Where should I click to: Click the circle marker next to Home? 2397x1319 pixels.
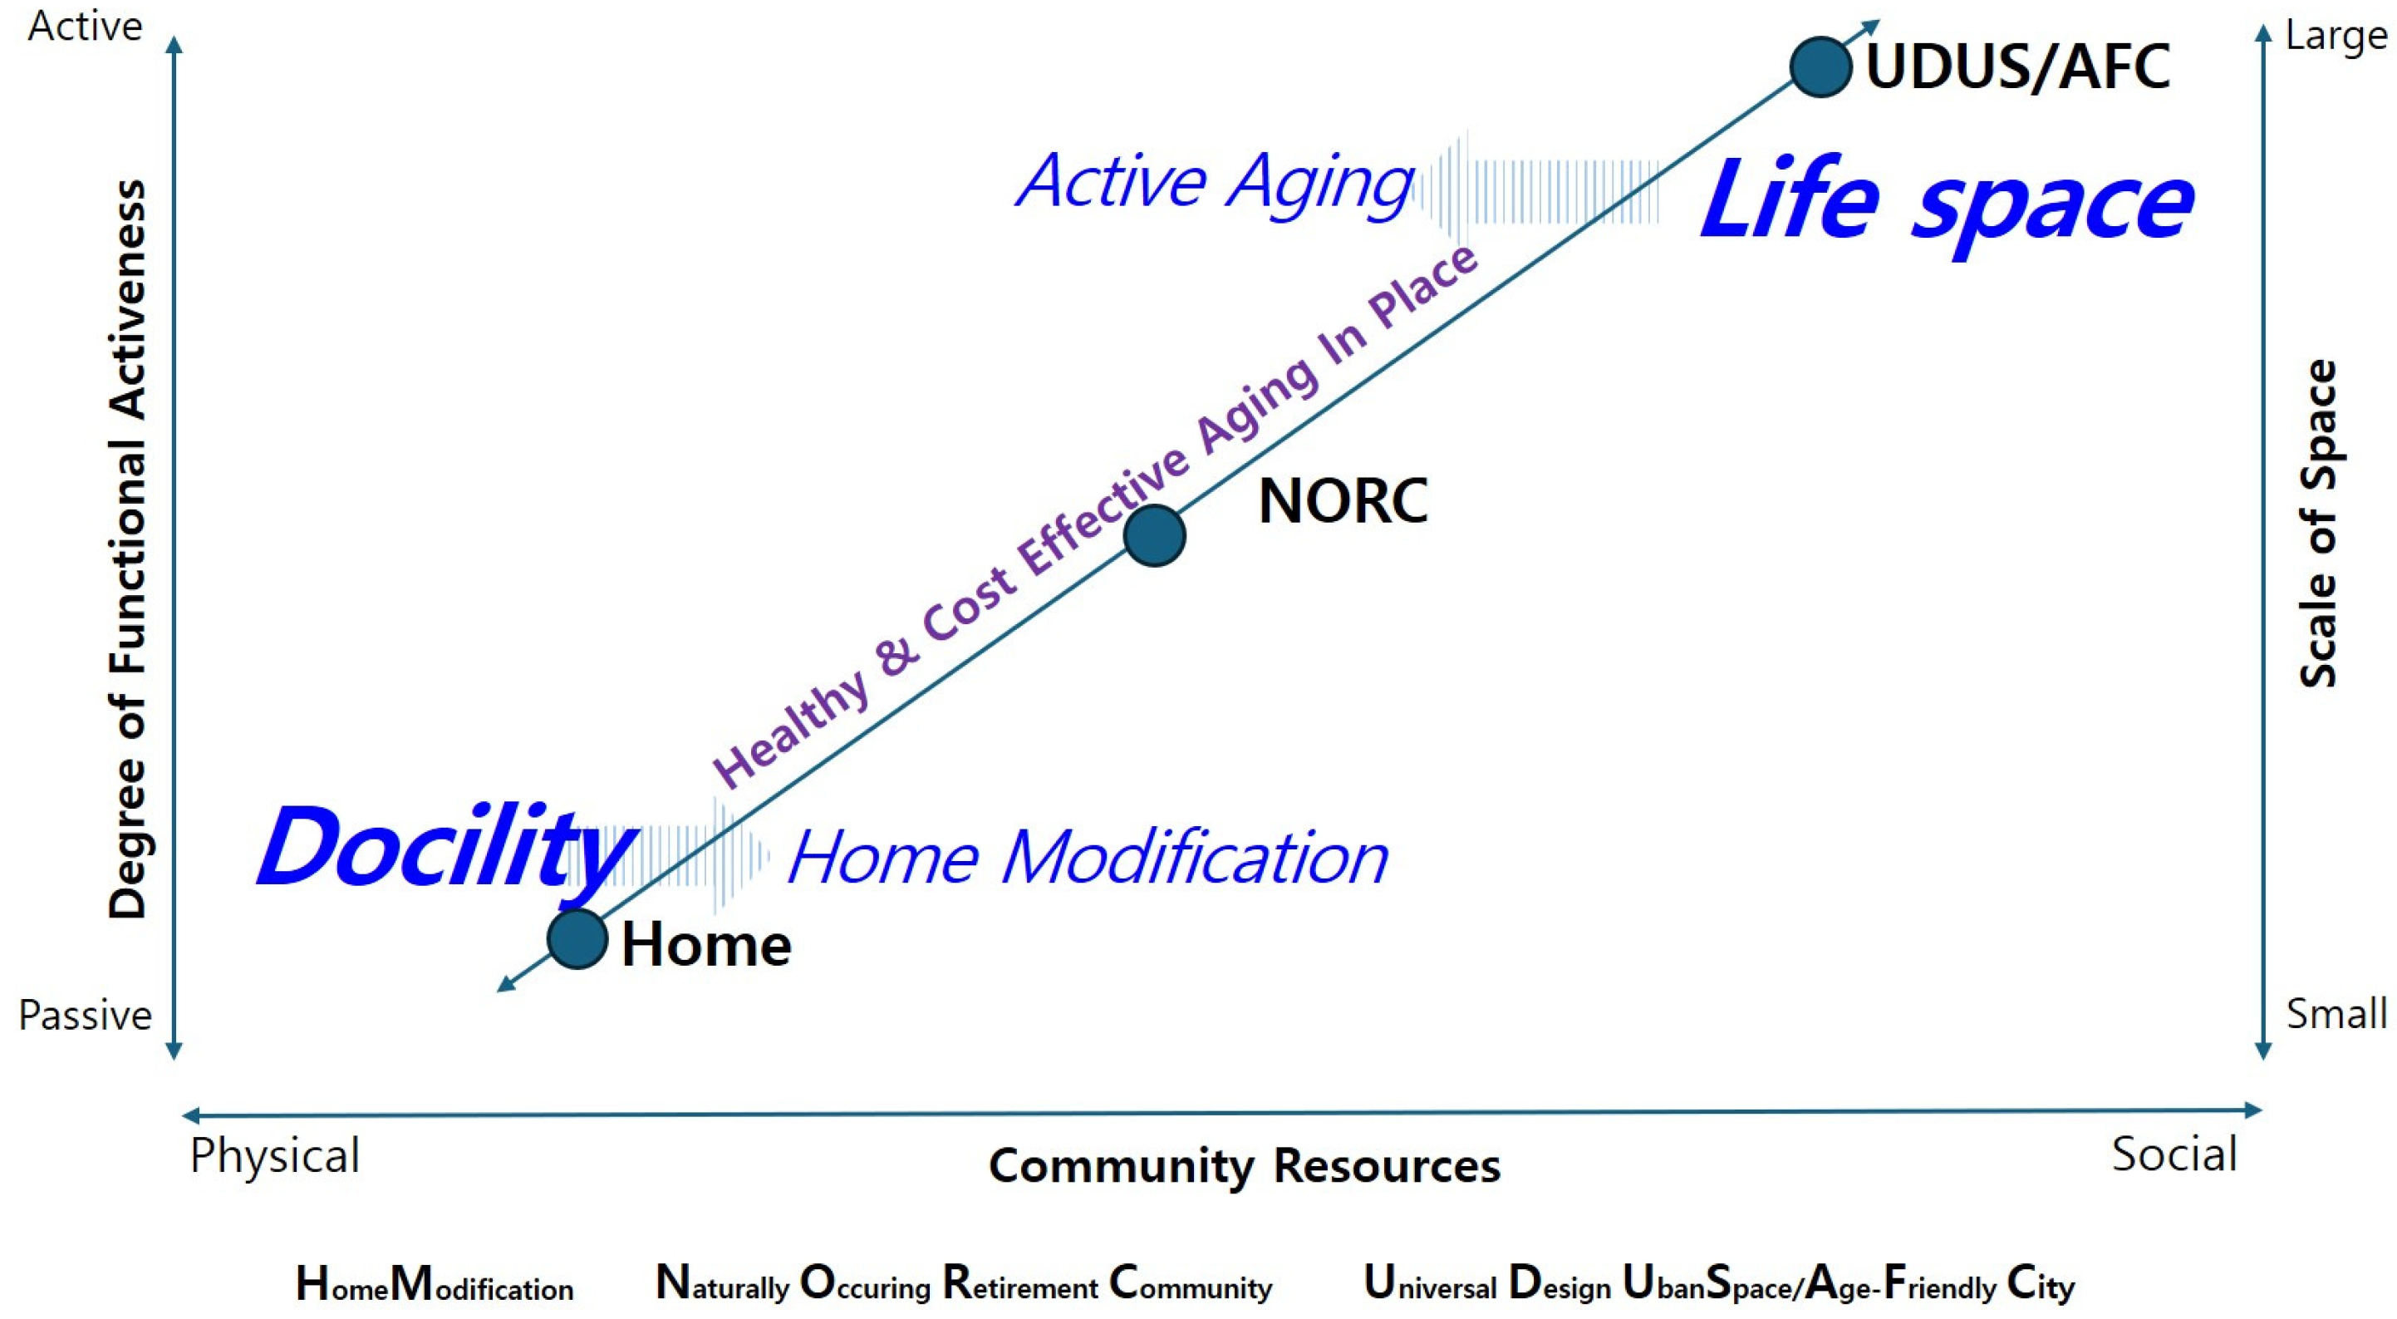tap(577, 938)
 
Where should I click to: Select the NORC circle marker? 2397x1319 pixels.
tap(1154, 536)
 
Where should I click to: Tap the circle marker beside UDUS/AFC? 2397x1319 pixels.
tap(1820, 67)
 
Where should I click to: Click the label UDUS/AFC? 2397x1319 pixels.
tap(2017, 67)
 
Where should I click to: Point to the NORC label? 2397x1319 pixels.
tap(1343, 501)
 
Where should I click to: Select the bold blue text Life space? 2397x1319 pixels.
tap(1947, 203)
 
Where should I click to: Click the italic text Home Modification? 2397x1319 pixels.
tap(1088, 856)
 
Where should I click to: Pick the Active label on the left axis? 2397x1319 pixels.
tap(85, 26)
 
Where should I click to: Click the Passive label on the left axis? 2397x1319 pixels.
tap(85, 1015)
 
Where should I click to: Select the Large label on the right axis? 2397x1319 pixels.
tap(2336, 37)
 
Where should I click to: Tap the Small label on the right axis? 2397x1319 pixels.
tap(2336, 1013)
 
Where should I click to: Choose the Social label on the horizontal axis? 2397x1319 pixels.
tap(2174, 1154)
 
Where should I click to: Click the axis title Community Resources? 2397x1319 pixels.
tap(1244, 1166)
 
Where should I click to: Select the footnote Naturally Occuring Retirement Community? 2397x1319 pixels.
tap(963, 1283)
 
